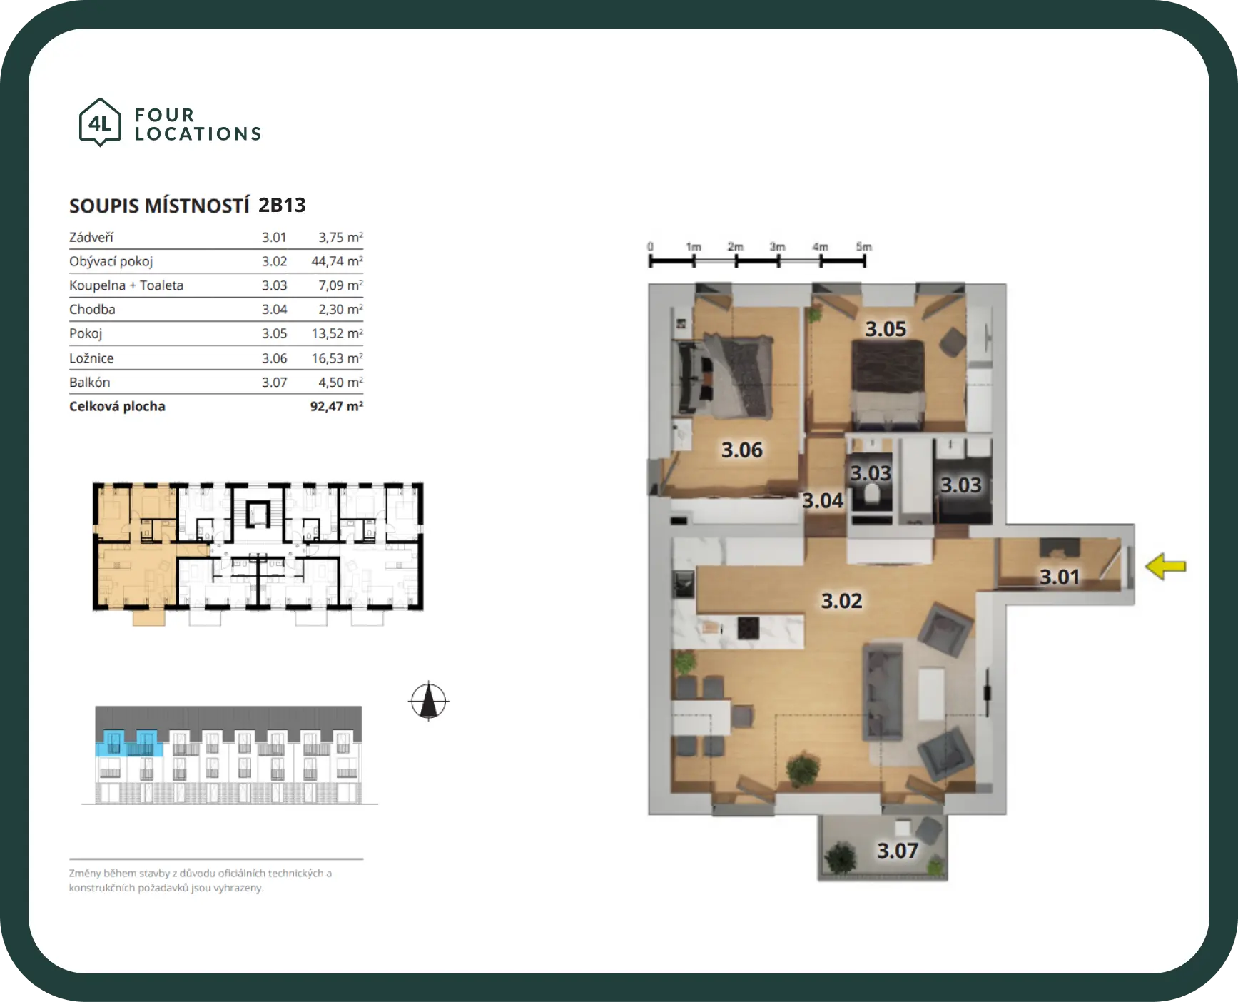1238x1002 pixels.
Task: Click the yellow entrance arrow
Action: pos(1165,567)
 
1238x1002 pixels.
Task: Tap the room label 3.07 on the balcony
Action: pos(898,851)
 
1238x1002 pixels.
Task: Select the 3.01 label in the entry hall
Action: pos(1060,577)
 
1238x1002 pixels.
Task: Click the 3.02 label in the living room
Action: pos(842,601)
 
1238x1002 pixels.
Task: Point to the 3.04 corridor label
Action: pos(823,500)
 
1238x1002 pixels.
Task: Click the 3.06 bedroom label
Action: pos(742,450)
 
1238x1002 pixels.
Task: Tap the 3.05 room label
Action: pos(886,329)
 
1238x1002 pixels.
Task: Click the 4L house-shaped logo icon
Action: pos(100,123)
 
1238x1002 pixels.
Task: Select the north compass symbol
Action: pos(428,701)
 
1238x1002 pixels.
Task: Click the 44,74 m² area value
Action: pos(337,261)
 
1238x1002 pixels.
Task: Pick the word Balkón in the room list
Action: pos(90,382)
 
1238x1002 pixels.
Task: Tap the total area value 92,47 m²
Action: pos(337,406)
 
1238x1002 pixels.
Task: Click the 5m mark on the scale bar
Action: pos(864,247)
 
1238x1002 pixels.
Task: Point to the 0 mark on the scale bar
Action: pos(650,247)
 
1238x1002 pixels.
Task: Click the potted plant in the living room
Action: pos(803,769)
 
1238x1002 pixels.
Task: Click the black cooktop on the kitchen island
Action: pos(748,627)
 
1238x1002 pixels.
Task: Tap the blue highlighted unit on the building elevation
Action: pos(129,743)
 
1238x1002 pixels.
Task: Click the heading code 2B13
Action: pos(282,206)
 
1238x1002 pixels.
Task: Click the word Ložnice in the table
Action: pos(91,358)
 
